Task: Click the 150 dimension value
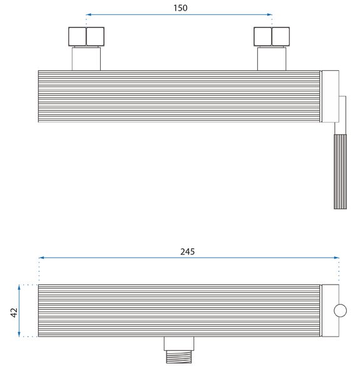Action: pos(180,8)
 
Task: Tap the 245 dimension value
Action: pos(187,251)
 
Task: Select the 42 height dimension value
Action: pos(14,313)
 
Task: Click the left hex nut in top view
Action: pos(86,36)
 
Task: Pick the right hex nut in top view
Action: pos(272,36)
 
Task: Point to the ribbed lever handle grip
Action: pos(340,172)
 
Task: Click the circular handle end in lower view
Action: pos(340,311)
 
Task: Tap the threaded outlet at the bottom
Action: pos(178,357)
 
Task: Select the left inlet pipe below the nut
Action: pos(86,59)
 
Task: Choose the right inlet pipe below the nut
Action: pos(272,59)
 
